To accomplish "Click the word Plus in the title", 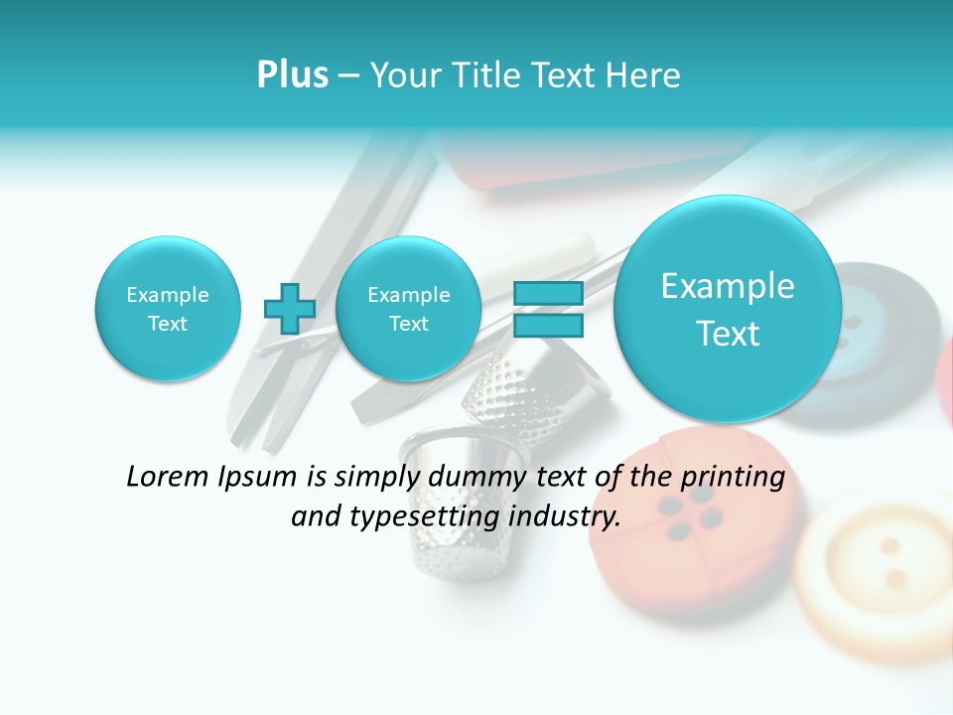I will coord(292,74).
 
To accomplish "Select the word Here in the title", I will coord(643,74).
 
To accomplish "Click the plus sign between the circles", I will coord(289,308).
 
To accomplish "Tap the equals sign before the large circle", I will coord(547,308).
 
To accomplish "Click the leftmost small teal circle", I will coord(167,309).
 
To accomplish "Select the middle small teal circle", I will coord(408,309).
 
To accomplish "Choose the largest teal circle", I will coord(728,309).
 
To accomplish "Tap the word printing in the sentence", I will coord(733,478).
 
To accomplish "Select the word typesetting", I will coord(432,516).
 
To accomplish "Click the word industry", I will coord(565,516).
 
